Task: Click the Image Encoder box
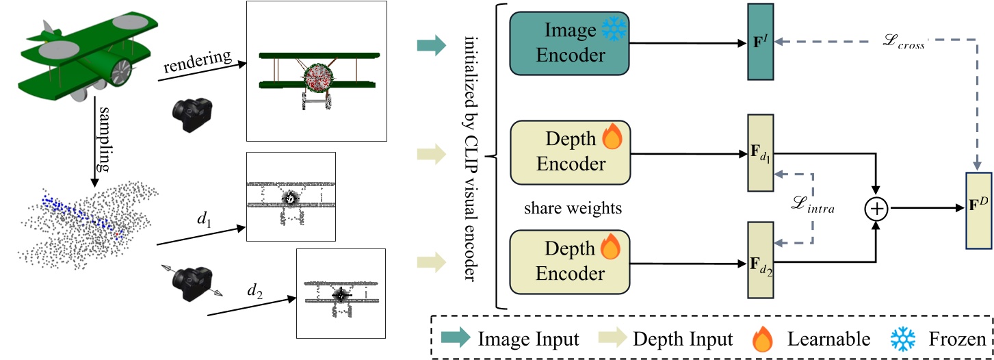coord(569,43)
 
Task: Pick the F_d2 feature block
coord(760,260)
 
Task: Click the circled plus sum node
coord(876,207)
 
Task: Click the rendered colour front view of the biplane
coord(316,70)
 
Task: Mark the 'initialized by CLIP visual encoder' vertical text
coord(469,154)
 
